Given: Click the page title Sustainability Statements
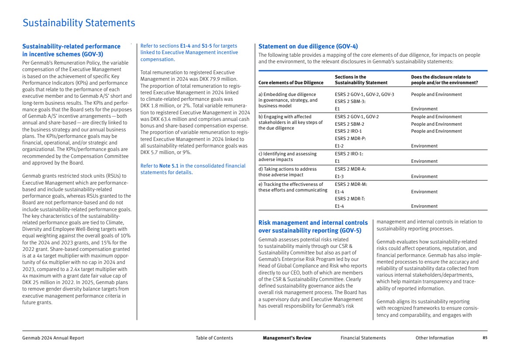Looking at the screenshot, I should point(79,23).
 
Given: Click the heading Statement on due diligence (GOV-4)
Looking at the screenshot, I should point(308,46).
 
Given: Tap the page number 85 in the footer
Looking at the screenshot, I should point(485,338).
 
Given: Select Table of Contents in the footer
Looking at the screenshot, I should point(214,338).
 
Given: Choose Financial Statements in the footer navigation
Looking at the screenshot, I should point(363,338).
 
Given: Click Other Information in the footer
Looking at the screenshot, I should point(434,338).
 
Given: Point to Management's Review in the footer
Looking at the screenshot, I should point(287,338).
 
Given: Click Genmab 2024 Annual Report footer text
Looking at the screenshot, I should point(53,338).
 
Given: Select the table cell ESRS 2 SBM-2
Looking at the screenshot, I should point(350,124).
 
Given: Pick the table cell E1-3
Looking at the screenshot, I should point(339,177).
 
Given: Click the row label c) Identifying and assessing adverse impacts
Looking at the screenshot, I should point(287,157).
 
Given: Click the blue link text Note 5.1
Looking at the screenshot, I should point(168,166).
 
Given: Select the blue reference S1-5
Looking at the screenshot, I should point(207,45).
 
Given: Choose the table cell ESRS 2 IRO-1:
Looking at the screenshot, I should point(349,154).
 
